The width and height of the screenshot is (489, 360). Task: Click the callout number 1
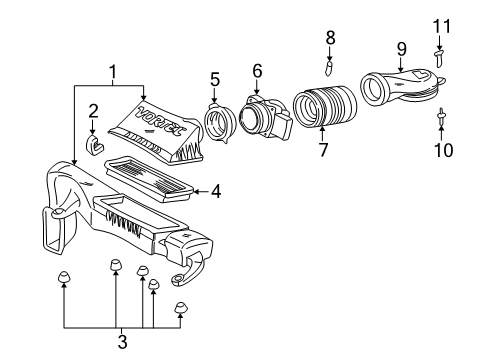coord(112,72)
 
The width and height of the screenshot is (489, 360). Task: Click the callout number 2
coord(93,112)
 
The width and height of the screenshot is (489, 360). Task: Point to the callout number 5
coord(214,77)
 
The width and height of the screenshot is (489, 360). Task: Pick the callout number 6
coord(257,70)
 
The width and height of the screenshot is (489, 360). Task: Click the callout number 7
coord(323,151)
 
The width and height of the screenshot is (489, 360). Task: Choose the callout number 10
coord(441,151)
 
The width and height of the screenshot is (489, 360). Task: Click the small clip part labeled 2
coord(95,148)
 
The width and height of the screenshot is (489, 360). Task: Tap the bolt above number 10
coord(440,119)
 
